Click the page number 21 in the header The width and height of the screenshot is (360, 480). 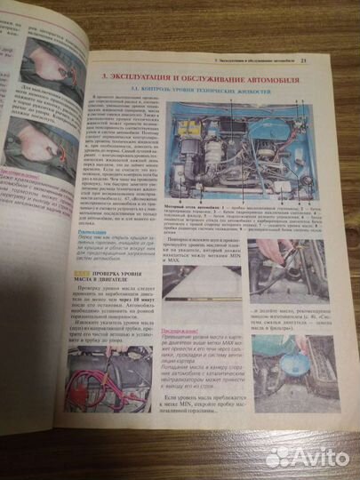[x=328, y=60]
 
